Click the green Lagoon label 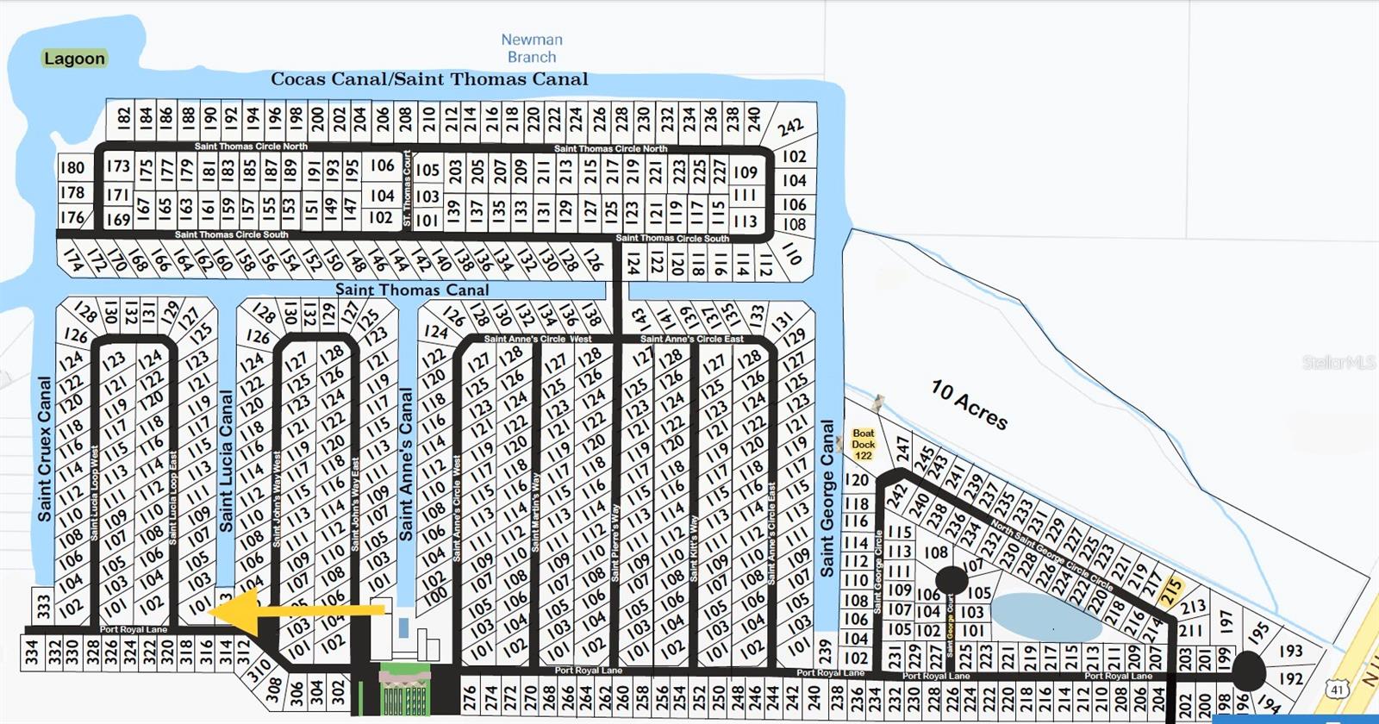coord(74,59)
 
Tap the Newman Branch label coord(532,48)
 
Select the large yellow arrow coord(297,612)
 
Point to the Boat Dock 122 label coord(863,444)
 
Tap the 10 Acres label coord(969,404)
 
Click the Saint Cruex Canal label coord(45,448)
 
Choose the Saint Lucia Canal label coord(226,461)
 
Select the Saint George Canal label coord(827,498)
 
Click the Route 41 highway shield coord(1337,690)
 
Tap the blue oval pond coord(1046,615)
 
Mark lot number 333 coord(43,606)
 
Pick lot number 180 coord(72,167)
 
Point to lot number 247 coord(902,449)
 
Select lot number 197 coord(1227,621)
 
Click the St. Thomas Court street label coord(408,190)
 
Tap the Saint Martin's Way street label coord(535,513)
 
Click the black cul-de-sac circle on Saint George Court coord(952,580)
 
